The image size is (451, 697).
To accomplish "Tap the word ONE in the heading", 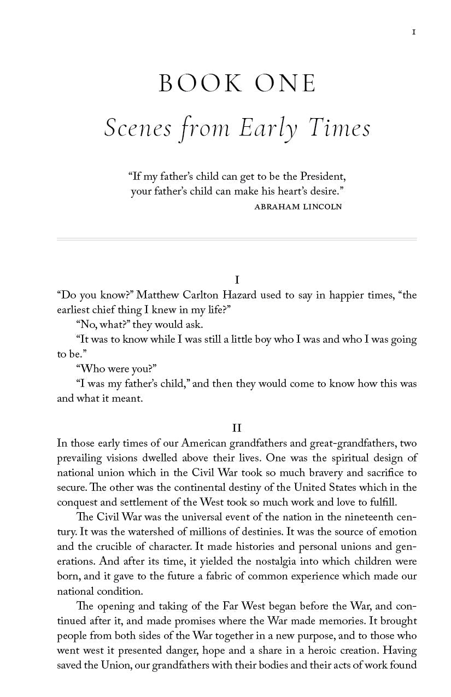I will click(286, 84).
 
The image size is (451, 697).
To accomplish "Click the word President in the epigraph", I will click(321, 177).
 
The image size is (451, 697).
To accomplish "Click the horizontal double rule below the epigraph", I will click(237, 239).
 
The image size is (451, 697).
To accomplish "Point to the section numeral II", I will click(237, 428).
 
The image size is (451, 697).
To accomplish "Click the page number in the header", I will click(414, 32).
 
